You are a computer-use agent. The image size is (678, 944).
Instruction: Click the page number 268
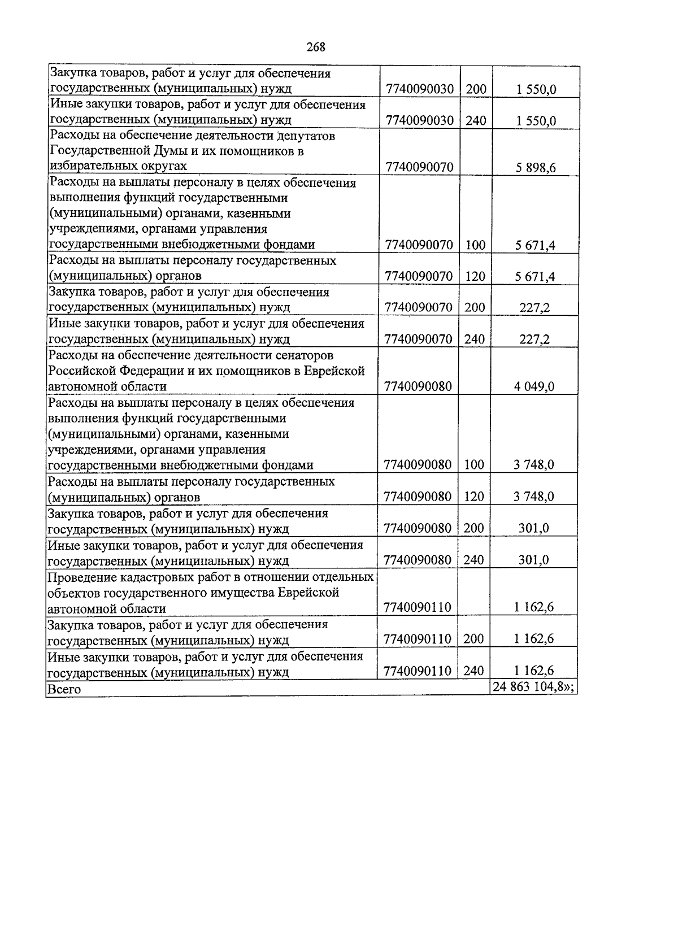tap(316, 47)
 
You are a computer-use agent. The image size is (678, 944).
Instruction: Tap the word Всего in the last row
tap(64, 689)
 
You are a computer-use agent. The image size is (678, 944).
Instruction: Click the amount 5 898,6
tap(535, 168)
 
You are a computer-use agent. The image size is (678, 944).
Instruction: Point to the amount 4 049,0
tap(534, 386)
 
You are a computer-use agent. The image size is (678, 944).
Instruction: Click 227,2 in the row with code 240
tap(534, 340)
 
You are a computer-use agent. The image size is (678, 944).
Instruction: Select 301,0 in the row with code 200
tap(534, 528)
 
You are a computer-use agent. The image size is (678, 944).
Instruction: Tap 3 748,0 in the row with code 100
tap(534, 465)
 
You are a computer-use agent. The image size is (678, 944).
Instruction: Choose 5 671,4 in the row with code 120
tap(535, 276)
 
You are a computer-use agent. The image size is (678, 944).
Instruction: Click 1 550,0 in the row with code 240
tap(535, 120)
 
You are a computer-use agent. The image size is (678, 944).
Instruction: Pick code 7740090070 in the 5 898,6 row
tap(419, 167)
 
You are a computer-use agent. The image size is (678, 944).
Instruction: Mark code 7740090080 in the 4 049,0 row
tap(418, 386)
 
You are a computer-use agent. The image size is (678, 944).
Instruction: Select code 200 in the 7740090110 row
tap(473, 639)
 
